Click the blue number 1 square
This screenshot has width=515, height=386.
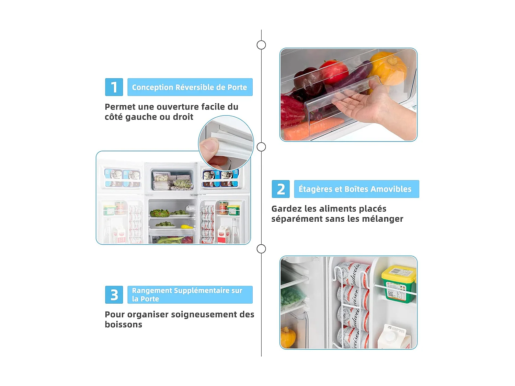pyautogui.click(x=114, y=87)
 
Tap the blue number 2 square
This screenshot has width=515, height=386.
pyautogui.click(x=281, y=189)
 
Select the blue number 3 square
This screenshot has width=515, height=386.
pyautogui.click(x=114, y=295)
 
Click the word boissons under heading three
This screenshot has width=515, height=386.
pyautogui.click(x=123, y=324)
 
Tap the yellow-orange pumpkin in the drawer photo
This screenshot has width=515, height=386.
pyautogui.click(x=388, y=68)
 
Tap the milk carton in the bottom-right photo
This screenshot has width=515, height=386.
pyautogui.click(x=394, y=337)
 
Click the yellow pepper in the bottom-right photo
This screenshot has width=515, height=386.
pyautogui.click(x=288, y=337)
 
